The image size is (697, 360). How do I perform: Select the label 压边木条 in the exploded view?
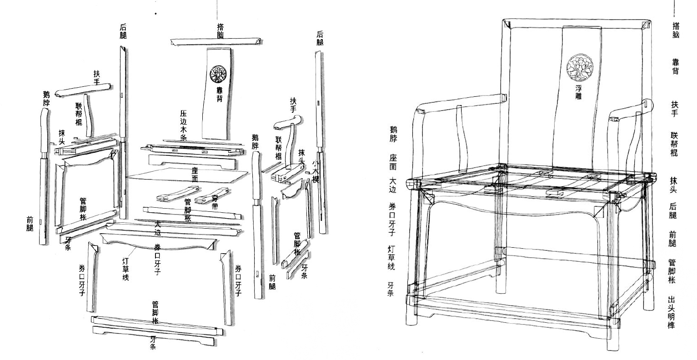pyautogui.click(x=184, y=125)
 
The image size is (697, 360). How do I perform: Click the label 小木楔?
pyautogui.click(x=316, y=170)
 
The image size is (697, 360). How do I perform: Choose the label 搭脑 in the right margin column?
pyautogui.click(x=676, y=30)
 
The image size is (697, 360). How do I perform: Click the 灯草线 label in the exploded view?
pyautogui.click(x=126, y=269)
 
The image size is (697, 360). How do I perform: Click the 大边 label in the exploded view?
pyautogui.click(x=157, y=228)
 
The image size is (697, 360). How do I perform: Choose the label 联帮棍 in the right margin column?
pyautogui.click(x=674, y=144)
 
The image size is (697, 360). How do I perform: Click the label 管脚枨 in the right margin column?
pyautogui.click(x=672, y=271)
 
